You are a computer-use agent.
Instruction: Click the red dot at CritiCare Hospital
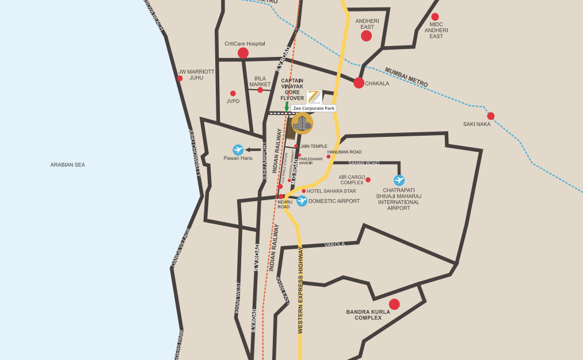coord(243,53)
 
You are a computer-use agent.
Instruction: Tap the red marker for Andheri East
coord(366,36)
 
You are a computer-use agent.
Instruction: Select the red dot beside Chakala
coord(359,83)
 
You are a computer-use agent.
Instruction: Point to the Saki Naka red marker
coord(490,116)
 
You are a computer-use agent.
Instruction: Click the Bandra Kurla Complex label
coord(368,315)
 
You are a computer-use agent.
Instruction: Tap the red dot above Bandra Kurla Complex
coord(394,304)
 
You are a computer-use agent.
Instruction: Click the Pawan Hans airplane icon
coord(238,150)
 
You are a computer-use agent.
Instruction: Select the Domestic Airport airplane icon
coord(302,201)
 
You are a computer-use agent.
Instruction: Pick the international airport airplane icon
coord(399,180)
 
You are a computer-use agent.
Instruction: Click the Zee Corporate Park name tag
coord(314,108)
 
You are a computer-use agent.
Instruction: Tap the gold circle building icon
coord(302,122)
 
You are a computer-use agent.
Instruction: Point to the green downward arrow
coord(287,106)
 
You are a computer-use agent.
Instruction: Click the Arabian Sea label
coord(67,165)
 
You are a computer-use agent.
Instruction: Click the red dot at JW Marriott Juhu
coord(180,78)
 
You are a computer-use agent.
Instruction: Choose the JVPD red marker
coord(233,93)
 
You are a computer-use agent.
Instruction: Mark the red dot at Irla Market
coord(260,90)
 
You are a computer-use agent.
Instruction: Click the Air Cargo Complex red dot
coord(368,180)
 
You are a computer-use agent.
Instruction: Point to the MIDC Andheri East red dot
coord(435,17)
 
